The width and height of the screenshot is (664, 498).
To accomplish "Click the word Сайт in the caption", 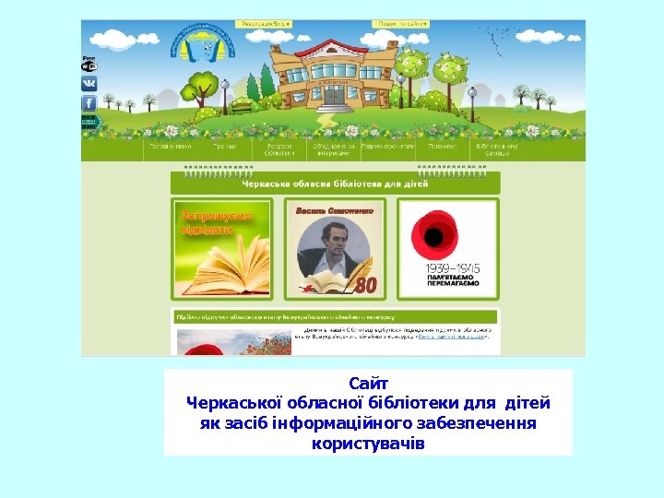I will coord(369,383).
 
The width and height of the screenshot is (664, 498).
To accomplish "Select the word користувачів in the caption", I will coord(369,444).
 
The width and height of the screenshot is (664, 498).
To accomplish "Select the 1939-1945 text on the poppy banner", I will coord(447,267).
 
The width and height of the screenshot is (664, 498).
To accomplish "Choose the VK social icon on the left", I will coord(89,83).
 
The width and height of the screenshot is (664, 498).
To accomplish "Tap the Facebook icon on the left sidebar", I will coord(89,103).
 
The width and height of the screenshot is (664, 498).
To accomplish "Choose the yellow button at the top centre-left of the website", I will coord(262,23).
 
